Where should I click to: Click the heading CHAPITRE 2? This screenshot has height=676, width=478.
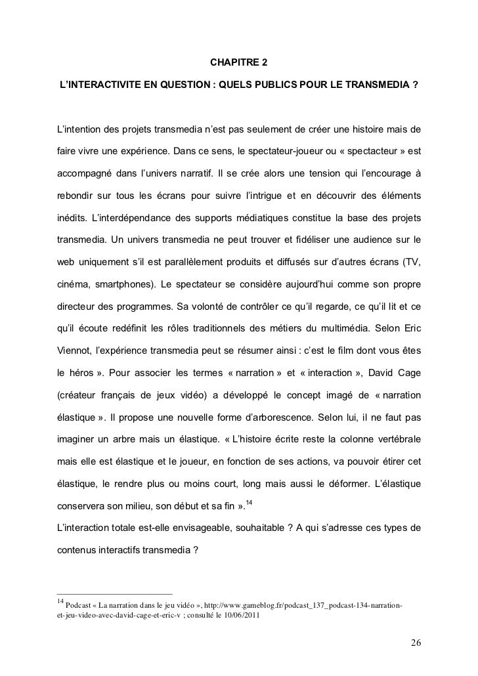[x=238, y=64]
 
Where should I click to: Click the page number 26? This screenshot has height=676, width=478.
[x=416, y=642]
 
